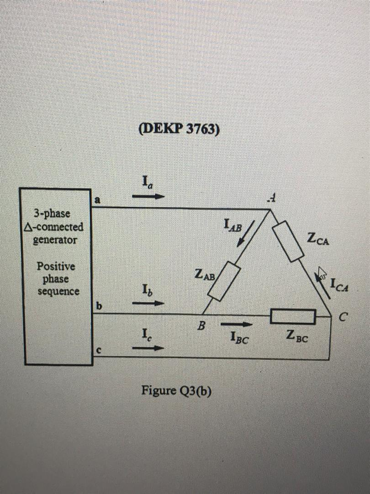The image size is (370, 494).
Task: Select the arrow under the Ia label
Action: tap(148, 196)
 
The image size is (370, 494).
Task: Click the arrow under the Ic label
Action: tap(148, 348)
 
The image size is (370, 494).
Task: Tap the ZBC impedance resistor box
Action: tap(293, 316)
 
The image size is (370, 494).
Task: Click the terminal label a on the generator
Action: tap(97, 199)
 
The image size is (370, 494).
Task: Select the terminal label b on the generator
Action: tap(97, 306)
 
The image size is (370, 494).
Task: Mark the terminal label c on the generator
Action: tap(97, 350)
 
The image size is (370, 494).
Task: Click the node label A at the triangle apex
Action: tap(273, 198)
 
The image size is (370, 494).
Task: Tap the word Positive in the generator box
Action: tap(56, 266)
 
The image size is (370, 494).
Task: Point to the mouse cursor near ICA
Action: tap(322, 274)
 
